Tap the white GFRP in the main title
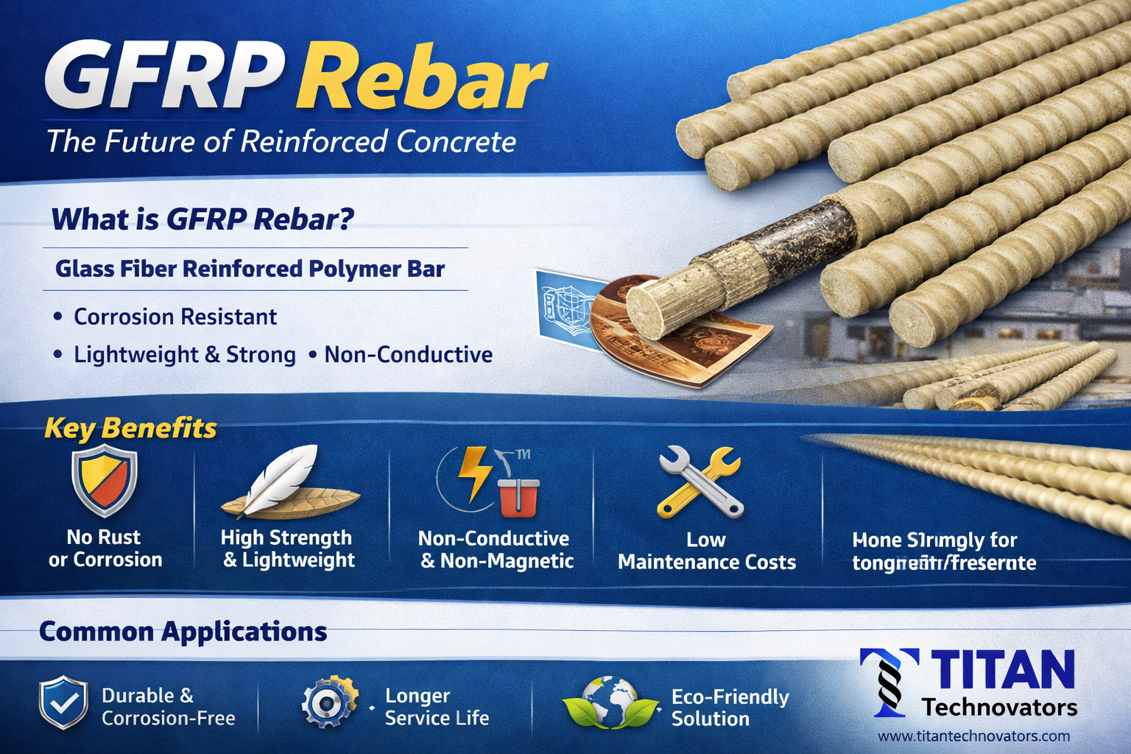coord(163,77)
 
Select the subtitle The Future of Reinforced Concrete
coord(281,141)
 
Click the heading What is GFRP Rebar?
coord(202,219)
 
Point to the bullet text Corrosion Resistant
coord(175,317)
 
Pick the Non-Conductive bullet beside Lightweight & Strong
coord(409,354)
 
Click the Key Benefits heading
coord(130,428)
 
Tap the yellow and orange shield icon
coord(105,483)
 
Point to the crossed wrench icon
coord(700,482)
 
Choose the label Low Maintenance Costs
coord(707,551)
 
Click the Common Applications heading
coord(183,631)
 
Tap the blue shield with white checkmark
coord(64,702)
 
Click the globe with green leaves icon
coord(610,702)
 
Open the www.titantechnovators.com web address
coord(973,736)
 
